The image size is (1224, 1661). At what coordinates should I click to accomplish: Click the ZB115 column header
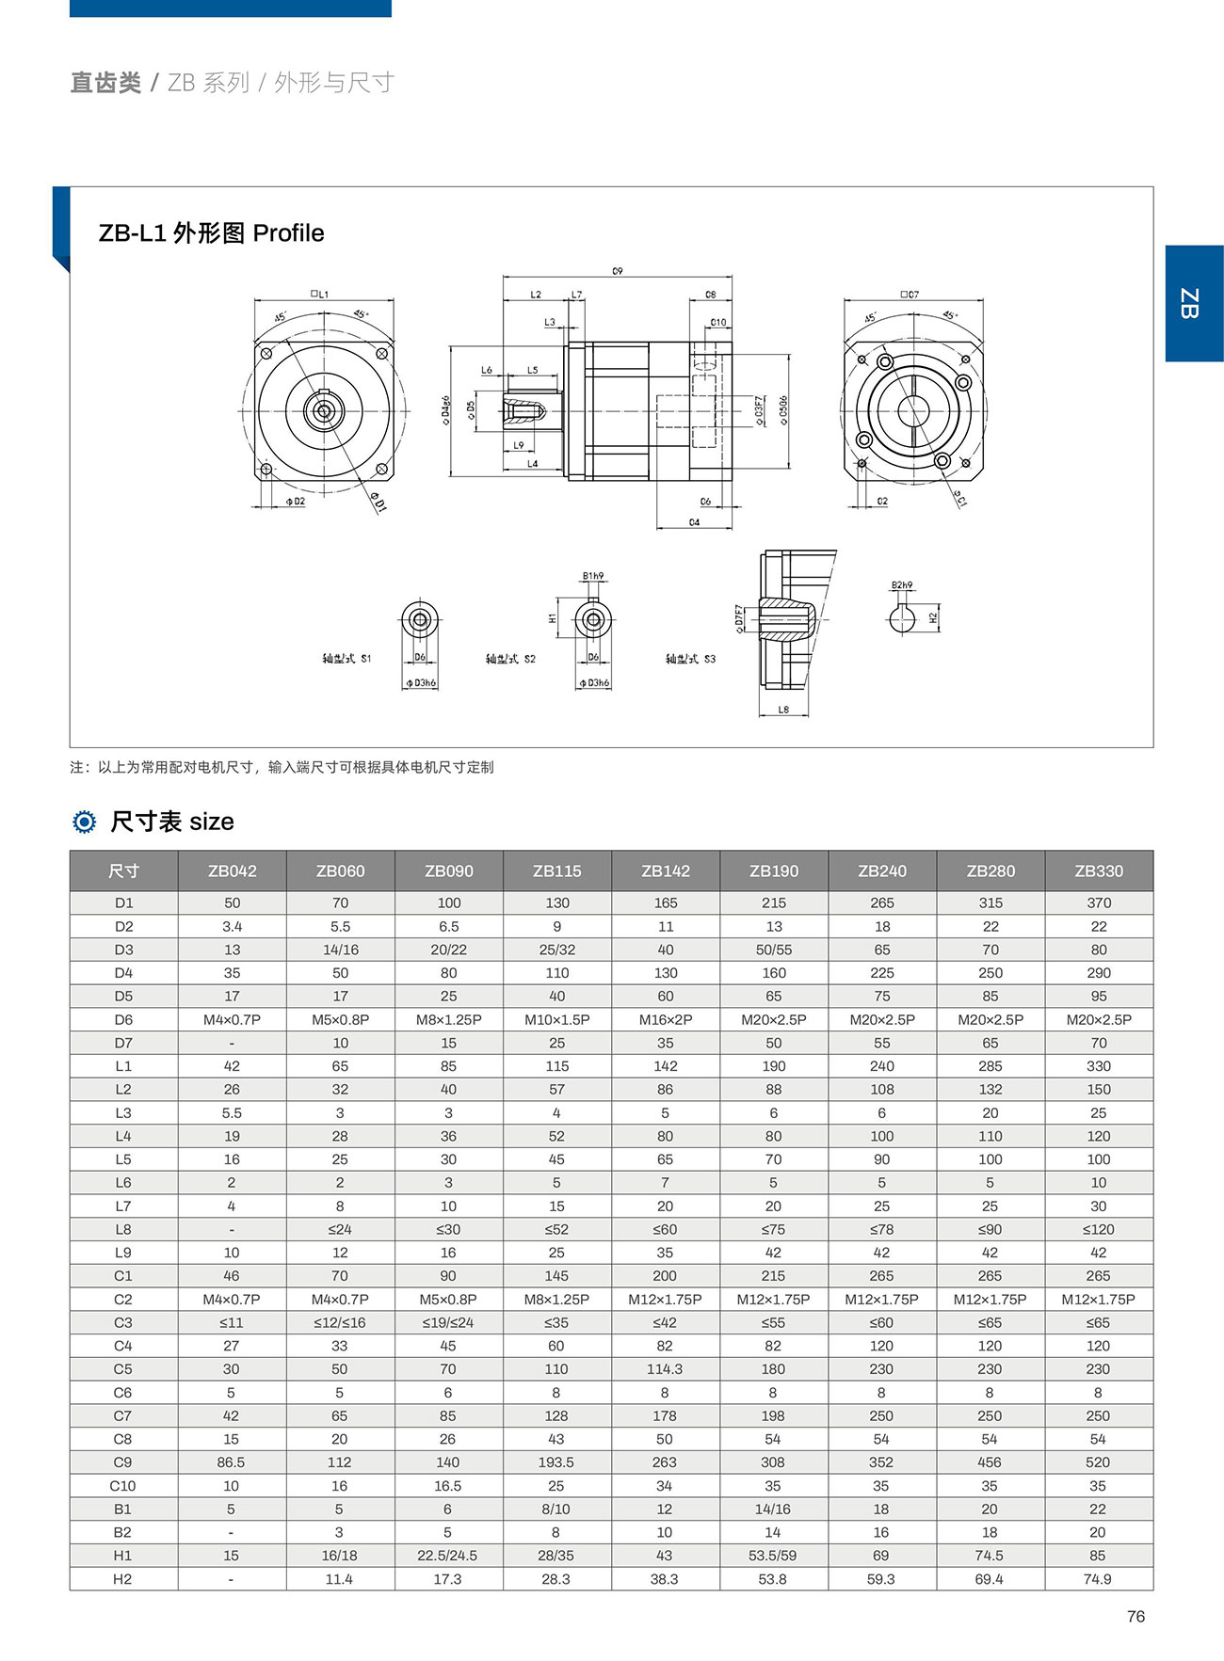[557, 871]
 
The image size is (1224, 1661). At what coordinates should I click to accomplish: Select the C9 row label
[123, 1462]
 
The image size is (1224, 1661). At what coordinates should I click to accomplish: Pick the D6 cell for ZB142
[666, 1019]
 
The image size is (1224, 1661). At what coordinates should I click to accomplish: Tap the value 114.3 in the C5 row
[665, 1369]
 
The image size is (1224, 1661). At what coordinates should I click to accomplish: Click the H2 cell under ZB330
[1098, 1579]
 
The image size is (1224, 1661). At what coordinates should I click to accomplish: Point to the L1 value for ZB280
[990, 1066]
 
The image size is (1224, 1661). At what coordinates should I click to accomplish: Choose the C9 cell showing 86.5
[232, 1462]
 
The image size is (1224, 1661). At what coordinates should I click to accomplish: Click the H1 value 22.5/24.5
[448, 1556]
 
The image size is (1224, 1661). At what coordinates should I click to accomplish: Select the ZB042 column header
[233, 871]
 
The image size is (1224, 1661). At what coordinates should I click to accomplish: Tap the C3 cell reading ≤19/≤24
[448, 1322]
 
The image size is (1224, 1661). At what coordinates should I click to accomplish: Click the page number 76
[1135, 1616]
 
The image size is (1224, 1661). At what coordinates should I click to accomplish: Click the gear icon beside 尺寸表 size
[85, 822]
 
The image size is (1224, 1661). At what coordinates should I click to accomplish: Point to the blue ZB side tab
[1193, 303]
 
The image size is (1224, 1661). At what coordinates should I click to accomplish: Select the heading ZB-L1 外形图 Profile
[212, 233]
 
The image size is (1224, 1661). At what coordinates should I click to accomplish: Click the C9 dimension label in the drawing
[618, 271]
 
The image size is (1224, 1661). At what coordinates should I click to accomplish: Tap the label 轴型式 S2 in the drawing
[510, 659]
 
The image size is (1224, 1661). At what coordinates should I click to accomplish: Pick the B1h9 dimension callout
[593, 576]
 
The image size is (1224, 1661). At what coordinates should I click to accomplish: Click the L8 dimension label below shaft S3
[783, 711]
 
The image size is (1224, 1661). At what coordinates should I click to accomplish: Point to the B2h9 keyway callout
[902, 585]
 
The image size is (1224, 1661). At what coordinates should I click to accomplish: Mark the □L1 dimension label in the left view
[321, 295]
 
